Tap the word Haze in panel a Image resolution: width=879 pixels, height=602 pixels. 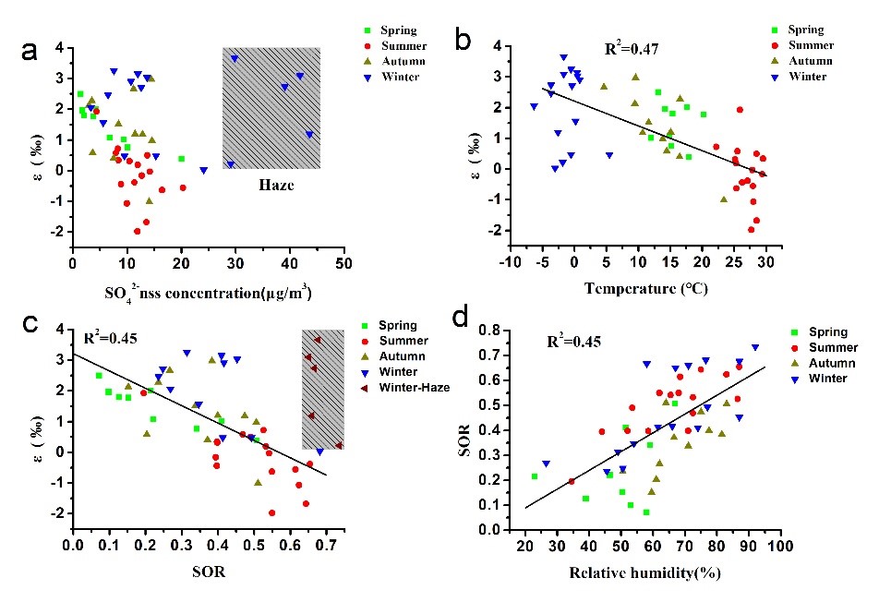(271, 185)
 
